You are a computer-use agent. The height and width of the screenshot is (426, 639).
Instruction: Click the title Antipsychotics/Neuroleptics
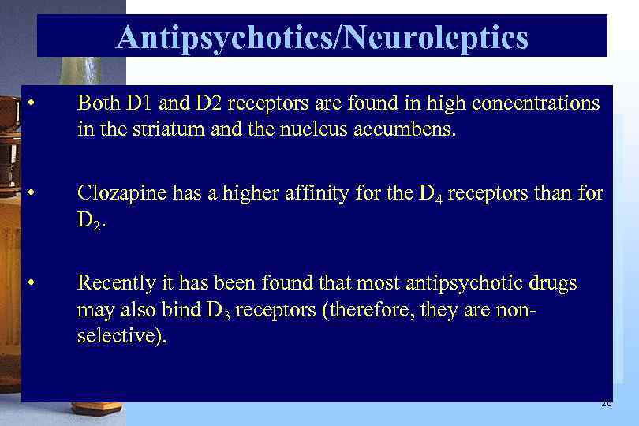pyautogui.click(x=322, y=37)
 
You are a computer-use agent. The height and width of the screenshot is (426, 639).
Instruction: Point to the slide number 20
pyautogui.click(x=606, y=403)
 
